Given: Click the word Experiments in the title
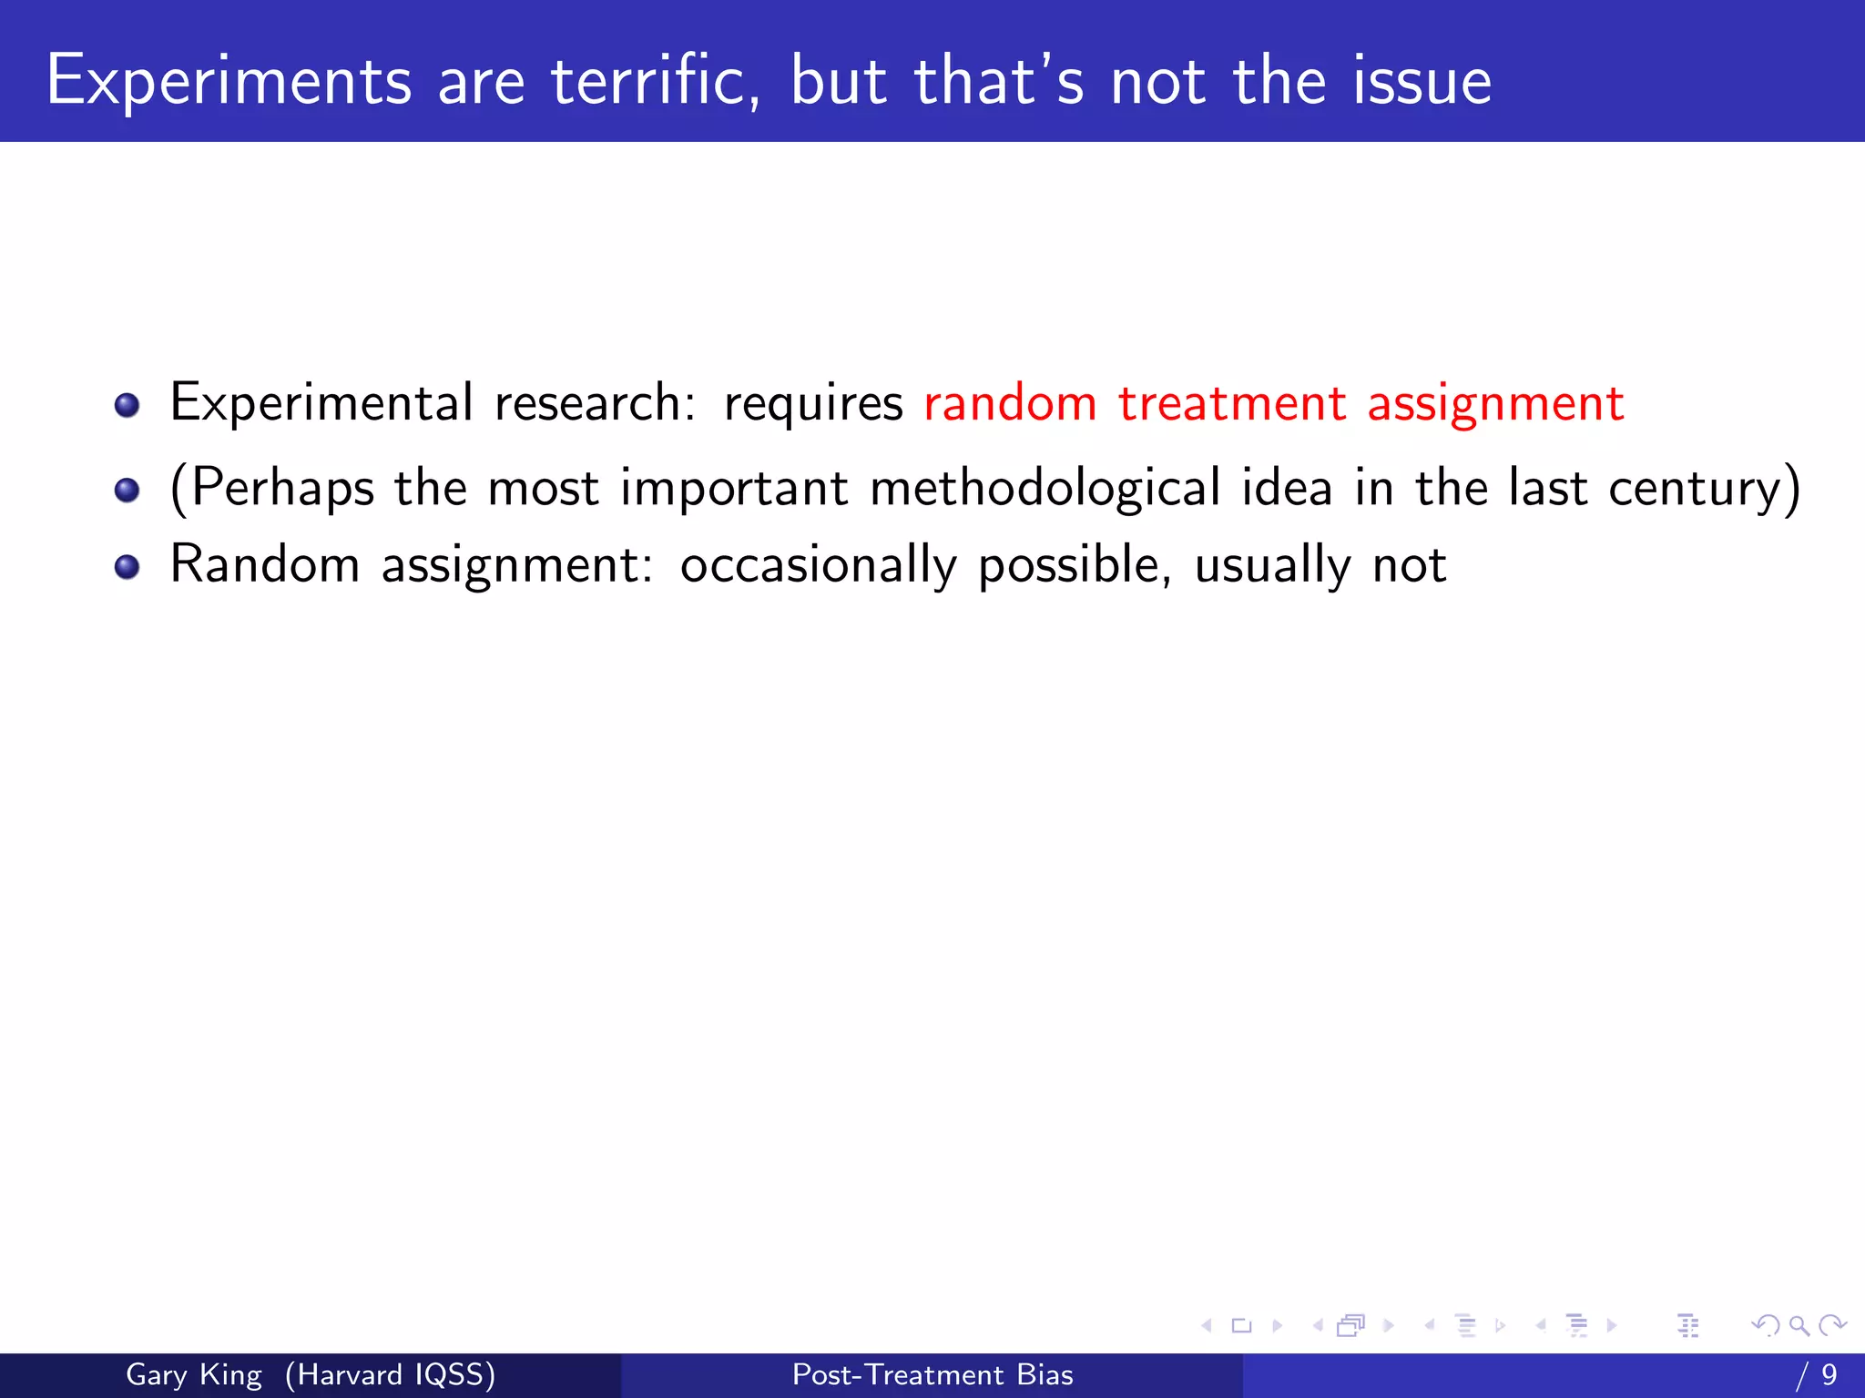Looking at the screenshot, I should coord(229,82).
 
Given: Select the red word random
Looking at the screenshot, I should coord(1010,403).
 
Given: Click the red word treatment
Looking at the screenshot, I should coord(1232,403).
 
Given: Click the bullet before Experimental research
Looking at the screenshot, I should coord(127,405).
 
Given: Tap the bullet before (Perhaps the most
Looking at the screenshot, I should coord(127,491).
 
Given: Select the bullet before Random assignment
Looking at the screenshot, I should coord(127,567).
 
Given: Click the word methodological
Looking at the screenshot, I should coord(1045,489).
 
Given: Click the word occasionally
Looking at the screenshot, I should coord(818,566).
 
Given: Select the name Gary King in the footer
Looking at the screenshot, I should coord(193,1374).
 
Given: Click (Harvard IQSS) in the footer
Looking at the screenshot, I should coord(390,1374).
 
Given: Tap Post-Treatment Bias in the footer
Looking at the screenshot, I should coord(932,1374).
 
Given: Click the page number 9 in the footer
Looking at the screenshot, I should coord(1829,1374).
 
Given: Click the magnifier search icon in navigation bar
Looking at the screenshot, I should coord(1799,1325).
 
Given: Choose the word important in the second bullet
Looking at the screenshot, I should coord(734,489).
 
